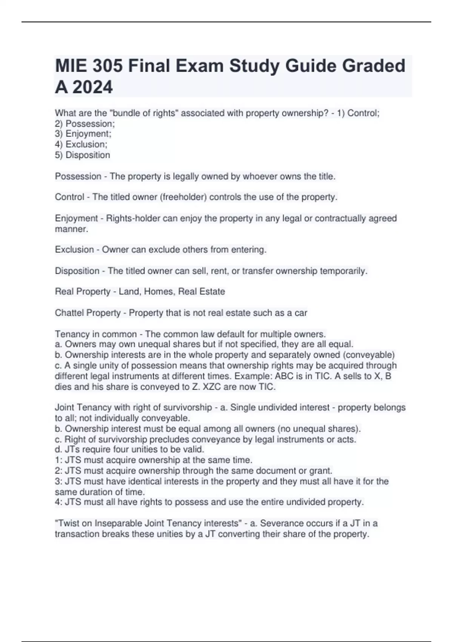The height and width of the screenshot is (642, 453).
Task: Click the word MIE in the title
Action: point(71,66)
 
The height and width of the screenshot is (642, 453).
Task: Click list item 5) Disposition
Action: point(83,155)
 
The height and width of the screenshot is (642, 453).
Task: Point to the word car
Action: point(301,313)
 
